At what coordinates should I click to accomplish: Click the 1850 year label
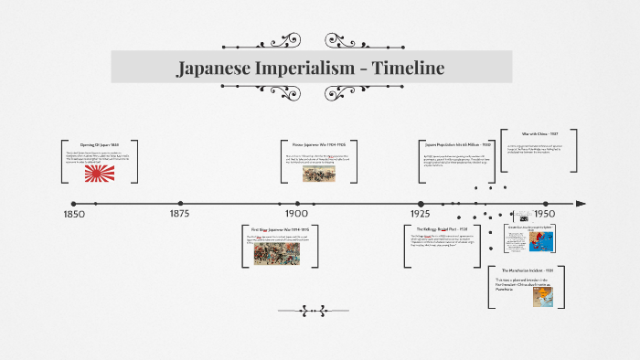[74, 214]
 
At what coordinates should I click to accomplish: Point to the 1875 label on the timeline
[179, 214]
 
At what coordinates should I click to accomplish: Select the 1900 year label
[295, 214]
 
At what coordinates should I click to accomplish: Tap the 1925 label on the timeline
[420, 214]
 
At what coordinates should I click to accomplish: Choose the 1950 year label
[546, 214]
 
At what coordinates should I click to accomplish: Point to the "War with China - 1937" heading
[539, 133]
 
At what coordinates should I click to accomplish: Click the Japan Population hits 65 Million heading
[458, 144]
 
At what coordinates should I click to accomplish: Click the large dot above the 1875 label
[179, 204]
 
